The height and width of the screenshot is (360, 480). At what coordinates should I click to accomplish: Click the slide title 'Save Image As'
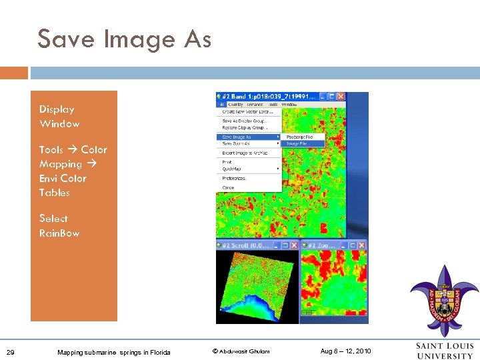pyautogui.click(x=124, y=39)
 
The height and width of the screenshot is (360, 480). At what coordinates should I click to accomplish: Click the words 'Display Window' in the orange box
pyautogui.click(x=59, y=117)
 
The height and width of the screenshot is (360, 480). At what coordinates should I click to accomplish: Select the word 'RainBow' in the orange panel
pyautogui.click(x=59, y=233)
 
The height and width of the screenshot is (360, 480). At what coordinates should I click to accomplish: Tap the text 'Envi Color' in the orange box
pyautogui.click(x=63, y=178)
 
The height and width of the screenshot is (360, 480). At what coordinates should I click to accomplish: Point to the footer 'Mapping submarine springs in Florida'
pyautogui.click(x=113, y=352)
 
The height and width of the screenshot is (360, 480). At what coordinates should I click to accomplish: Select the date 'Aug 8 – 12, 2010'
pyautogui.click(x=345, y=351)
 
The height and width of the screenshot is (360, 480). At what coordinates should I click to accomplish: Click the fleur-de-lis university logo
pyautogui.click(x=444, y=301)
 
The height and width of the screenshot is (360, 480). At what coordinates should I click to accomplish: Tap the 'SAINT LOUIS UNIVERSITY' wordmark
pyautogui.click(x=444, y=351)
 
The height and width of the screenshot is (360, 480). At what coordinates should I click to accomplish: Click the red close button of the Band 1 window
pyautogui.click(x=340, y=97)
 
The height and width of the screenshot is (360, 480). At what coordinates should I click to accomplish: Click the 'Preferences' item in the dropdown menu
pyautogui.click(x=234, y=179)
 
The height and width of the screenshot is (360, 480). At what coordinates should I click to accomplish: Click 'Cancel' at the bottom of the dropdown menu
pyautogui.click(x=228, y=188)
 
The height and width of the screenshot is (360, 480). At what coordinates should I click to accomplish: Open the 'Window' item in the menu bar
pyautogui.click(x=289, y=105)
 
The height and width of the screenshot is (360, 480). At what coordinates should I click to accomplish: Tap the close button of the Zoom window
pyautogui.click(x=362, y=245)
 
